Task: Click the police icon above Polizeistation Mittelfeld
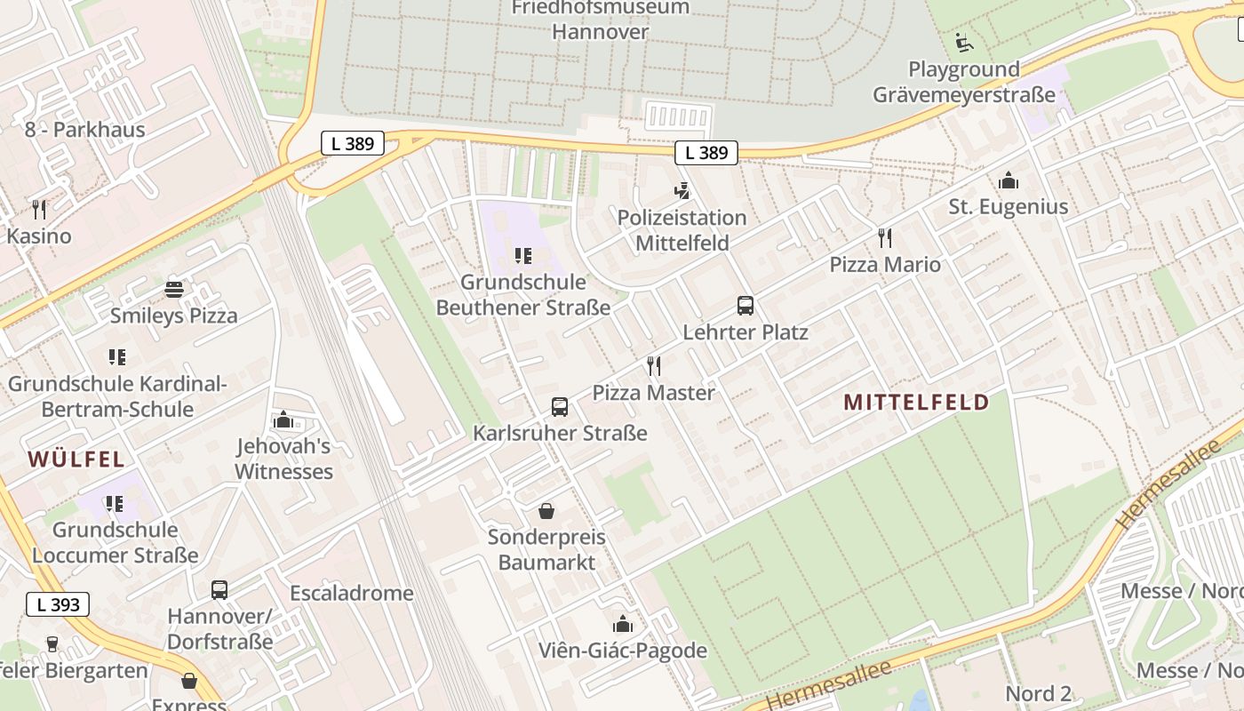[682, 191]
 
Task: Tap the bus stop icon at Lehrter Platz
[746, 306]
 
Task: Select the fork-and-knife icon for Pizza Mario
[884, 238]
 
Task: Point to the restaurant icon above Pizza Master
[654, 366]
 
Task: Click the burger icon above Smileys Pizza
[174, 290]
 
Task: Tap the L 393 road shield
[59, 604]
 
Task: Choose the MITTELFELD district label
[916, 403]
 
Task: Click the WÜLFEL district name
[76, 459]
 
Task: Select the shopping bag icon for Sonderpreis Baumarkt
[546, 511]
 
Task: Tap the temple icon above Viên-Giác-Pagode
[623, 624]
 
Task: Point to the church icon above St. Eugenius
[1008, 181]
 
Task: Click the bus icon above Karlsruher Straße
[559, 407]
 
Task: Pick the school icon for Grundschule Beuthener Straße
[523, 256]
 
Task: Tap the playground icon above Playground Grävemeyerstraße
[963, 42]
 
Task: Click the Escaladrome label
[352, 593]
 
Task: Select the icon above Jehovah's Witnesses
[283, 419]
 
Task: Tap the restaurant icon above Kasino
[39, 210]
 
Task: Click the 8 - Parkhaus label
[84, 130]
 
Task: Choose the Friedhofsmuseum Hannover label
[601, 20]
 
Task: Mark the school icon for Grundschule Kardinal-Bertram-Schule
[117, 357]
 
